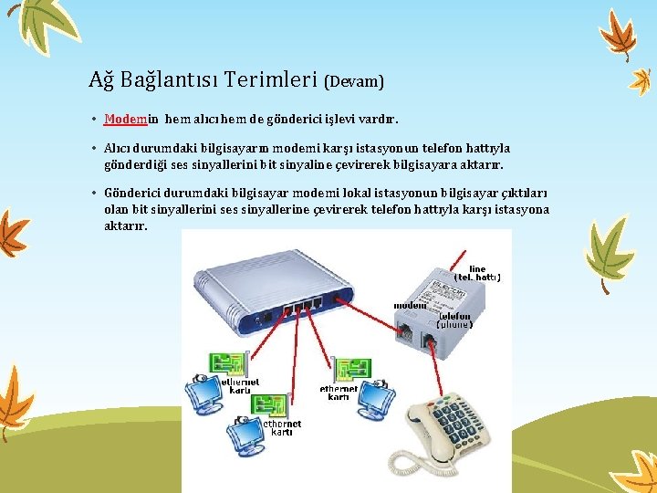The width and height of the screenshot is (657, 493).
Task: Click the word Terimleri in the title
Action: pyautogui.click(x=270, y=79)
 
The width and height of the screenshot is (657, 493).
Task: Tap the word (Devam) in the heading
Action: pyautogui.click(x=354, y=81)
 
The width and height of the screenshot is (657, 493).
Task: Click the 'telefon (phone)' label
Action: pyautogui.click(x=454, y=320)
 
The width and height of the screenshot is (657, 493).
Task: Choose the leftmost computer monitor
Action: pyautogui.click(x=203, y=393)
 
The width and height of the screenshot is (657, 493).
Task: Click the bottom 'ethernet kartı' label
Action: pyautogui.click(x=281, y=428)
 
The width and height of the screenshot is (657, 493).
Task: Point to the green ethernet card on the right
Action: pyautogui.click(x=350, y=369)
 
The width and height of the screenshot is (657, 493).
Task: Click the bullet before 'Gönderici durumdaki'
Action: pyautogui.click(x=95, y=194)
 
